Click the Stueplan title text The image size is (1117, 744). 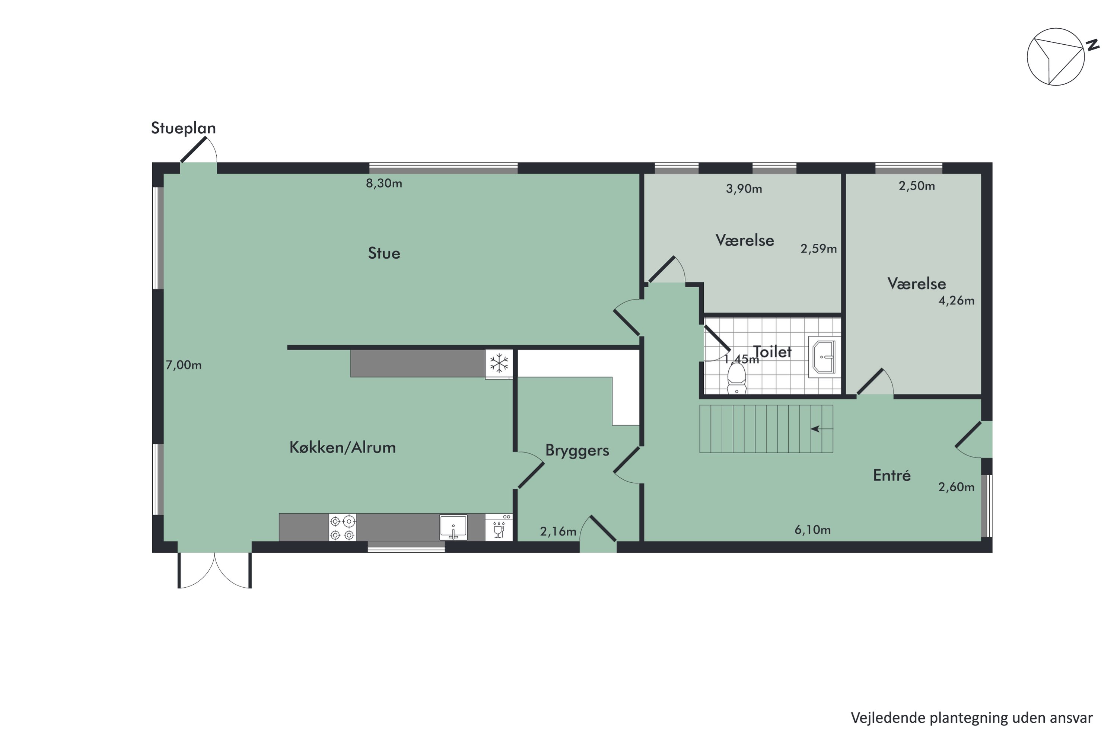click(x=183, y=128)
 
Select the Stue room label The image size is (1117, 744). click(x=384, y=253)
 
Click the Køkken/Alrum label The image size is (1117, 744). click(x=342, y=447)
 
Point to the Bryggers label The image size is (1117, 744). click(x=577, y=450)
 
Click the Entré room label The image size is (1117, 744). click(x=891, y=475)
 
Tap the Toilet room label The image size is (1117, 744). click(x=772, y=352)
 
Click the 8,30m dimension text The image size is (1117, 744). click(x=384, y=183)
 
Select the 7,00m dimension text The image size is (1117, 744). click(x=183, y=365)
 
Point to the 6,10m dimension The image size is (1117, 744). click(x=812, y=530)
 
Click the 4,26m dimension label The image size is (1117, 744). click(x=956, y=300)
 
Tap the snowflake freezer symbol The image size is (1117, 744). click(x=499, y=364)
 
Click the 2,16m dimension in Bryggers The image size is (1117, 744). click(x=558, y=531)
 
